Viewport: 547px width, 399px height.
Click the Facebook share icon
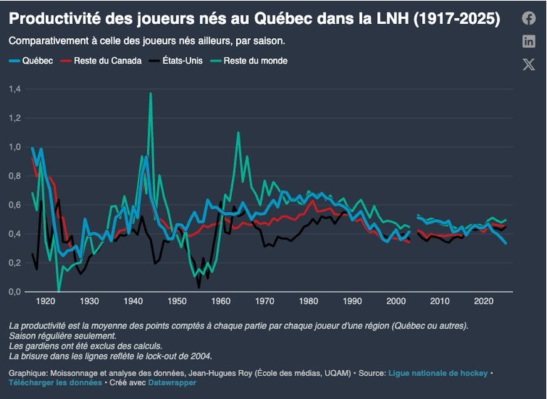(x=529, y=19)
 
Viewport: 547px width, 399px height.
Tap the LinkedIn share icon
(x=529, y=41)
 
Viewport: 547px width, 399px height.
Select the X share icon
(x=529, y=65)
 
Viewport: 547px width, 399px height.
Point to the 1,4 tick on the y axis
(x=15, y=89)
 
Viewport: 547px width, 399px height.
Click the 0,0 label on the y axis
(x=15, y=292)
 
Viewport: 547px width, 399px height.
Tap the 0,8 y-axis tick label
(x=15, y=176)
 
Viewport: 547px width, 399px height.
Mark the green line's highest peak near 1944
(x=150, y=93)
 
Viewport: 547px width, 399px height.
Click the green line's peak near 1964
(x=238, y=133)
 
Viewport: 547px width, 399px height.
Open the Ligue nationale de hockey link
(x=437, y=373)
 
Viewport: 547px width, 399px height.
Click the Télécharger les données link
(x=55, y=382)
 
